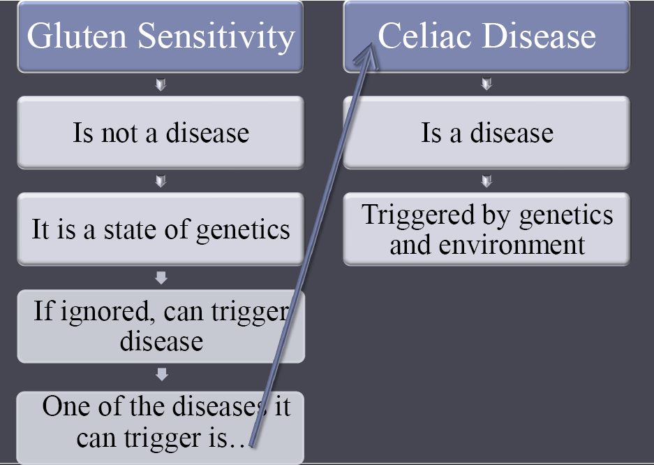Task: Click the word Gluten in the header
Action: click(77, 36)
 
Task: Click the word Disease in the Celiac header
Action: click(539, 36)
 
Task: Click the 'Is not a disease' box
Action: click(161, 132)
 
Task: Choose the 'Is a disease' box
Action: click(486, 132)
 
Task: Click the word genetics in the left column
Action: click(243, 231)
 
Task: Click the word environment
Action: click(512, 245)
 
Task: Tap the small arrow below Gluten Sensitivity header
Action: click(161, 85)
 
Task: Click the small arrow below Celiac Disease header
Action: click(486, 84)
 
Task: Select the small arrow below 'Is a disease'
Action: click(486, 181)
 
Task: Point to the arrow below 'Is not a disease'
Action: click(161, 181)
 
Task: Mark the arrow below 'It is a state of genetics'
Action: click(161, 278)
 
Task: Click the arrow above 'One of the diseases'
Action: click(161, 374)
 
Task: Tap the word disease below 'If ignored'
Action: click(161, 341)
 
